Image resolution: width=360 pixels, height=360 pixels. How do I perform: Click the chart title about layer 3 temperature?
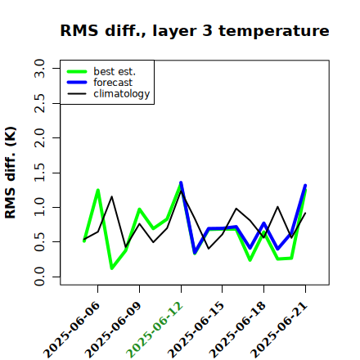[x=195, y=30]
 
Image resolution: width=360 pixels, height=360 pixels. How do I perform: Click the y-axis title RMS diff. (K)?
[x=11, y=173]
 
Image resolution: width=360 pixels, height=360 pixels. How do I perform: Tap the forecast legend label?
[x=113, y=83]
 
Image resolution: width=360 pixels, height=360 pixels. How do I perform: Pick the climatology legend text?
[x=122, y=94]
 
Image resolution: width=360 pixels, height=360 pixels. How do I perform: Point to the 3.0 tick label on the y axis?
[x=39, y=68]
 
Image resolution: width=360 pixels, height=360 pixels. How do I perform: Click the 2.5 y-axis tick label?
[x=39, y=103]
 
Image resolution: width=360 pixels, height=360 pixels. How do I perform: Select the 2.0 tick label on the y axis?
[x=39, y=137]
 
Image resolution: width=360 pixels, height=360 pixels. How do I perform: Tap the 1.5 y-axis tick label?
[x=39, y=173]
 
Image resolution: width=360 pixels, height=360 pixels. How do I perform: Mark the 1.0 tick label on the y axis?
[x=39, y=207]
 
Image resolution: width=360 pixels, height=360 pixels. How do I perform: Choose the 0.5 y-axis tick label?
[x=39, y=242]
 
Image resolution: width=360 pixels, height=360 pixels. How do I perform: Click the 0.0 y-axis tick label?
[x=39, y=277]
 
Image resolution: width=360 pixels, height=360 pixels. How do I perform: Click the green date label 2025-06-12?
[x=155, y=330]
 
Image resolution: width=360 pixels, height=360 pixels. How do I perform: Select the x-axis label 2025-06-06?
[x=71, y=330]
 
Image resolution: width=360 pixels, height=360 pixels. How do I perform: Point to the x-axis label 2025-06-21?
[x=279, y=330]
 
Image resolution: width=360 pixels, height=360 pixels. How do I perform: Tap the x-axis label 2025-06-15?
[x=196, y=330]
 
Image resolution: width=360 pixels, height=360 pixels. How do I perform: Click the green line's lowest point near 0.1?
[x=112, y=268]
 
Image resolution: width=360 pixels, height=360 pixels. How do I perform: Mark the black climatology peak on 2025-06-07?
[x=111, y=196]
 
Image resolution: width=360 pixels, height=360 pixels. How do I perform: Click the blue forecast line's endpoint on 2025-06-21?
[x=305, y=186]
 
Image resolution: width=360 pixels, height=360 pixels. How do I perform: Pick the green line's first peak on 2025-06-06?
[x=97, y=190]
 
